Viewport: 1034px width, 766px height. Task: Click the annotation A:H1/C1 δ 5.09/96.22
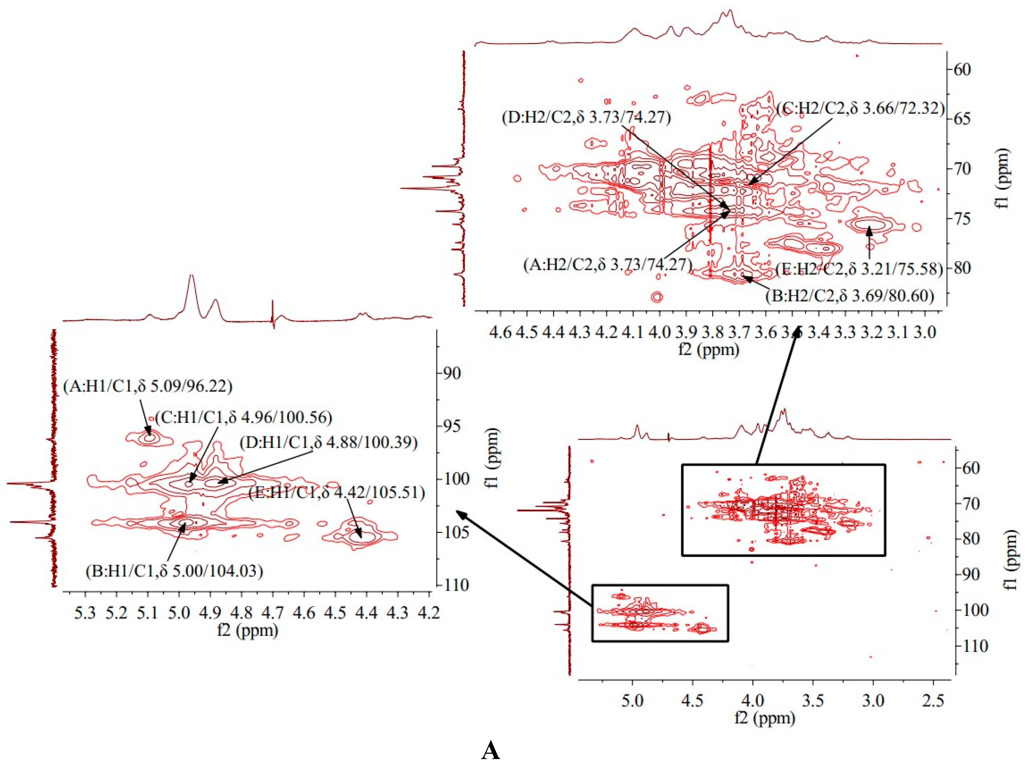(148, 386)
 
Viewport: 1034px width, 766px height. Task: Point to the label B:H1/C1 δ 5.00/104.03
(174, 571)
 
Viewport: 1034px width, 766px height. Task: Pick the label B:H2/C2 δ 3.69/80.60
(850, 296)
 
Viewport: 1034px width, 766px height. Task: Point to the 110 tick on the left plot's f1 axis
(456, 585)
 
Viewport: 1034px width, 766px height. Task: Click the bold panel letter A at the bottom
(491, 750)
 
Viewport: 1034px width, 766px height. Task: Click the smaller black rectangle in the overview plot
(660, 613)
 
